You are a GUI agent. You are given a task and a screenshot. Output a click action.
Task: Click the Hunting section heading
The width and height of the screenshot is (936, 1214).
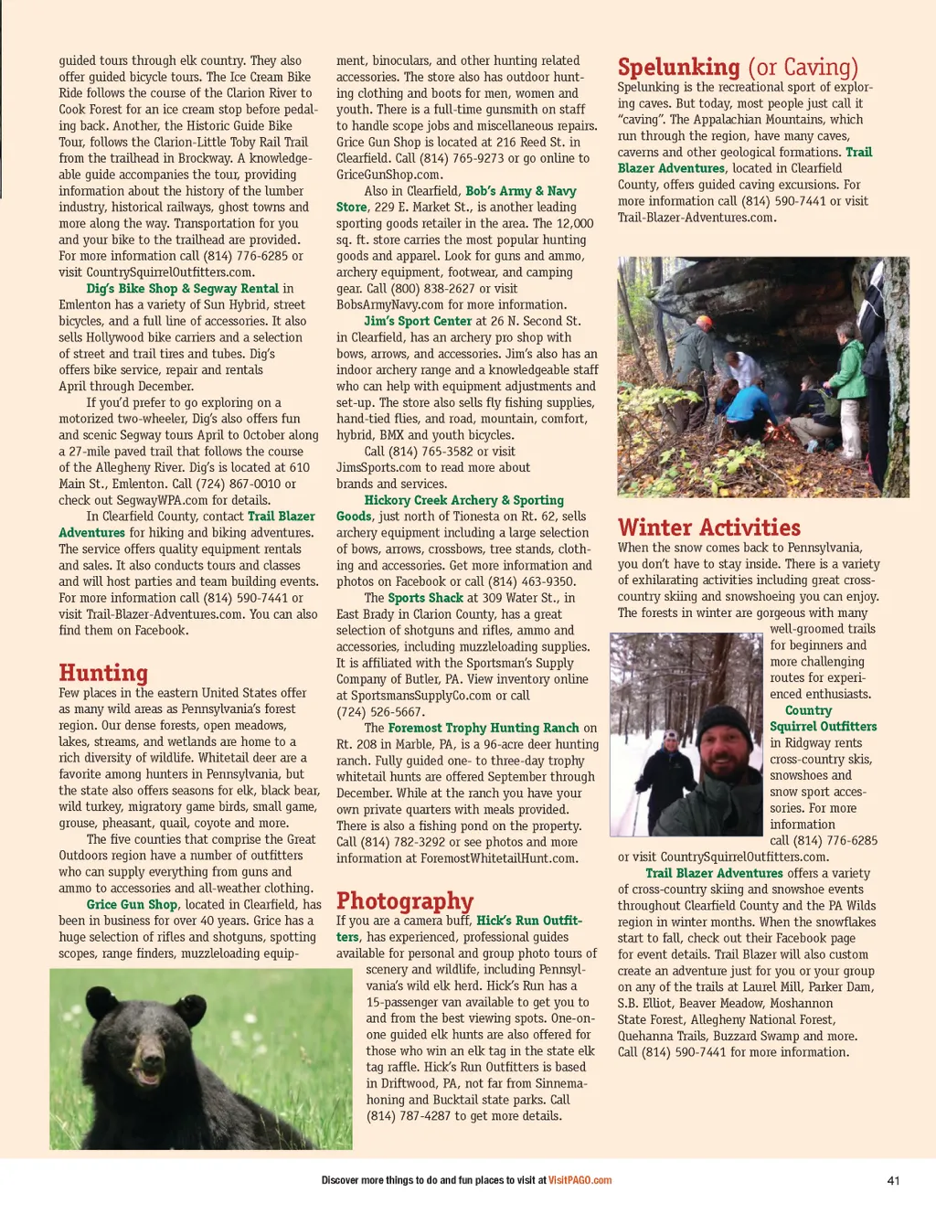click(x=103, y=673)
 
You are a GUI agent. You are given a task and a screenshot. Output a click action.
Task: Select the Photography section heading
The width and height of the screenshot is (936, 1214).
click(x=405, y=900)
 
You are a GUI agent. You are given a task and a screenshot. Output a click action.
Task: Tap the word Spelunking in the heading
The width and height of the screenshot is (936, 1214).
click(x=678, y=67)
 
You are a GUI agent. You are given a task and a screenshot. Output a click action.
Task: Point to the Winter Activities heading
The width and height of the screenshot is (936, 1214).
click(x=708, y=527)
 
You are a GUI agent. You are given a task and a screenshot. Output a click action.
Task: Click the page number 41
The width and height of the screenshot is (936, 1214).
click(x=893, y=1180)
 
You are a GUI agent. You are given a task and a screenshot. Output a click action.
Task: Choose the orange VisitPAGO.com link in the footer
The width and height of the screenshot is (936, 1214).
click(x=580, y=1180)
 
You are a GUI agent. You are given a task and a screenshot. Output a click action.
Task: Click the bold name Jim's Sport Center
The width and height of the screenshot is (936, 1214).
click(x=418, y=322)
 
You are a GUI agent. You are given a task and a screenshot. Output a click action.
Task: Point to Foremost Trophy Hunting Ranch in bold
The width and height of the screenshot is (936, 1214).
click(x=484, y=729)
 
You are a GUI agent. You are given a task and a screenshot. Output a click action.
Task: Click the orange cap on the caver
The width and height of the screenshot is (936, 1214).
click(x=704, y=323)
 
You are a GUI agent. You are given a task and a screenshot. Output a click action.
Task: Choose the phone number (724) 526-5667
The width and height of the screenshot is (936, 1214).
click(x=379, y=712)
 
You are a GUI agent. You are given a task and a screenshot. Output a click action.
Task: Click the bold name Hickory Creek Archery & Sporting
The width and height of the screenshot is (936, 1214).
click(x=463, y=500)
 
